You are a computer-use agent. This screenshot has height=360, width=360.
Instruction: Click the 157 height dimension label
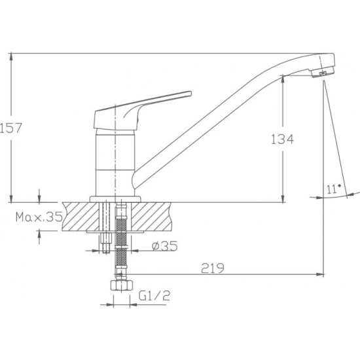(10, 128)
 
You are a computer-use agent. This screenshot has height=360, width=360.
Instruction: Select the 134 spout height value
(282, 139)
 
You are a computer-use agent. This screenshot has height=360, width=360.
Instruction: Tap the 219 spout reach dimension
(212, 268)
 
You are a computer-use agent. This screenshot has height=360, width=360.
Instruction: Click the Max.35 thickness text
(39, 217)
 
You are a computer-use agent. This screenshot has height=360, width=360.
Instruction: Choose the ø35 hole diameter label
(164, 246)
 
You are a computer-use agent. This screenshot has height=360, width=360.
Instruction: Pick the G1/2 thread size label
(154, 295)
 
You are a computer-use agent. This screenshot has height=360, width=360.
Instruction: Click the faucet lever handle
(142, 110)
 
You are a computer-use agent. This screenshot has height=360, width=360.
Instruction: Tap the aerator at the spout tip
(322, 72)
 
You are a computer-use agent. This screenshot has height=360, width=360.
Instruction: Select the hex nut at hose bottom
(122, 285)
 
